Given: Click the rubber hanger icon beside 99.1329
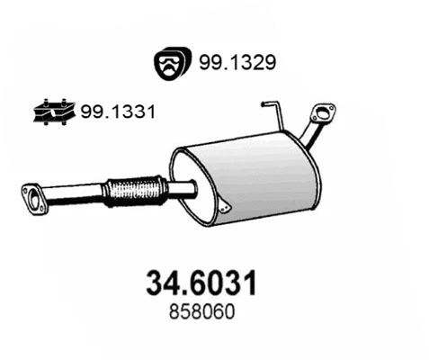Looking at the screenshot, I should (x=168, y=63).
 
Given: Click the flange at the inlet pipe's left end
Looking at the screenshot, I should (x=33, y=199).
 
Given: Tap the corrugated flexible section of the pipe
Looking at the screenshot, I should (x=136, y=190).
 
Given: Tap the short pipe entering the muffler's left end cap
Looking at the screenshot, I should (x=181, y=187).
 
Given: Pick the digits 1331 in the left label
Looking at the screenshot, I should (x=135, y=112).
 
